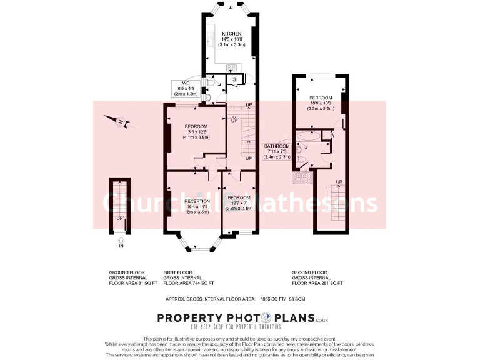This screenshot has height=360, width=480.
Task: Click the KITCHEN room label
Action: [231, 33]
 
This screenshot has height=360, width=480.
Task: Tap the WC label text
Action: [186, 82]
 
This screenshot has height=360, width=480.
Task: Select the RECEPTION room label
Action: [192, 201]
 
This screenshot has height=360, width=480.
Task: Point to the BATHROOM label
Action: [277, 146]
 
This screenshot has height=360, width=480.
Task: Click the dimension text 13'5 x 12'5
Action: [196, 132]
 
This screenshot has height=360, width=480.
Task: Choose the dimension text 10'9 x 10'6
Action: [321, 104]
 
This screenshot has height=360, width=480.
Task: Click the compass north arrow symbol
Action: [121, 121]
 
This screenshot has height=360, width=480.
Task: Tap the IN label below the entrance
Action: [121, 246]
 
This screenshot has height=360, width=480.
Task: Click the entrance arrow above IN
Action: [121, 238]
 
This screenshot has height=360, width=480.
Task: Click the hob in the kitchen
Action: [231, 67]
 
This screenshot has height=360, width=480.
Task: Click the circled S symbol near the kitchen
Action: [234, 79]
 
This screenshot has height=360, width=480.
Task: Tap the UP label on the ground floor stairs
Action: [119, 218]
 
